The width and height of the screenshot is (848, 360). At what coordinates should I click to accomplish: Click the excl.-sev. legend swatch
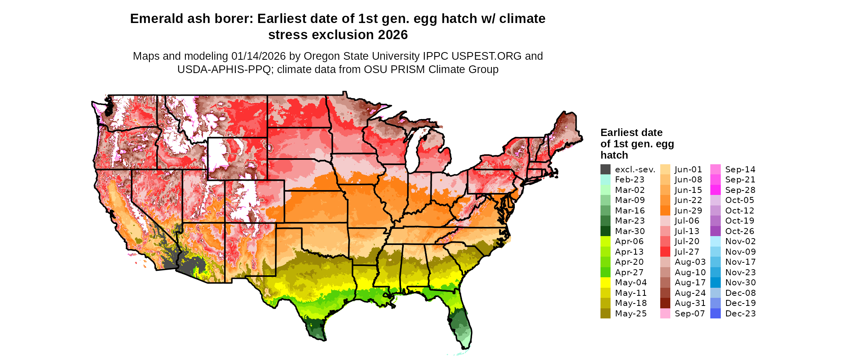tap(605, 170)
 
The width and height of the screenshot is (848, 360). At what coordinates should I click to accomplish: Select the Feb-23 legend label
tap(630, 180)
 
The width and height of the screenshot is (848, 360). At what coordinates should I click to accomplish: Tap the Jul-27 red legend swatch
tap(665, 252)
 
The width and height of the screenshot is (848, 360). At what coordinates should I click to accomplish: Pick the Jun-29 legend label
tap(688, 211)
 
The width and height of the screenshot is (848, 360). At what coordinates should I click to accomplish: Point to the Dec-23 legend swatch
tap(715, 314)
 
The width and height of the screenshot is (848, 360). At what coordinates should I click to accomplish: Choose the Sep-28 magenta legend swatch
tap(715, 190)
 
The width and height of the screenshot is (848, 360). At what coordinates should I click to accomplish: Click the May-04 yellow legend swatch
tap(605, 283)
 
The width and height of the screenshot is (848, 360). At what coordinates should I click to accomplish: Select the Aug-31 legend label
tap(690, 303)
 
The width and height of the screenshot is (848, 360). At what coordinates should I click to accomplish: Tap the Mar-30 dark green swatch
tap(605, 231)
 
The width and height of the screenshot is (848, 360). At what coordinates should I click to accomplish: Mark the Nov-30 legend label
tap(740, 283)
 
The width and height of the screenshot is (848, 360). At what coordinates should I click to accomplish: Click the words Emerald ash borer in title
tap(191, 19)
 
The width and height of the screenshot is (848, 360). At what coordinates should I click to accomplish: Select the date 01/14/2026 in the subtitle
tap(258, 56)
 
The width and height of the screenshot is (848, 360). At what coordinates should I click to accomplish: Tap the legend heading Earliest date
tap(631, 133)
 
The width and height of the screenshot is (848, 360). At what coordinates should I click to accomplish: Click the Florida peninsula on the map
tap(460, 319)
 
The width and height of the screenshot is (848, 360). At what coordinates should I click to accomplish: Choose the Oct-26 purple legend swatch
tap(715, 231)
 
